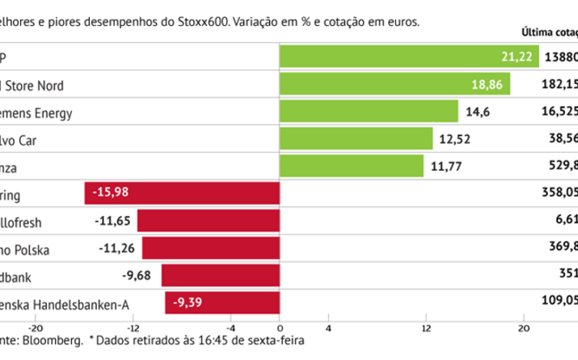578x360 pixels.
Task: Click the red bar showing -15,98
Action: click(182, 194)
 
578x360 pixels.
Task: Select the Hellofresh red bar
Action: click(209, 221)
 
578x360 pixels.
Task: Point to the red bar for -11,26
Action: click(210, 248)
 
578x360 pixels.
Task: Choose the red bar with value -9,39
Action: click(222, 303)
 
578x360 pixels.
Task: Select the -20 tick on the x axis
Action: click(36, 328)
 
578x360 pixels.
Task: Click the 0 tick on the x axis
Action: click(280, 328)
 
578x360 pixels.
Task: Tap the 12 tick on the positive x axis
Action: click(425, 328)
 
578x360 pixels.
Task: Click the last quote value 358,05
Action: click(559, 194)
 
